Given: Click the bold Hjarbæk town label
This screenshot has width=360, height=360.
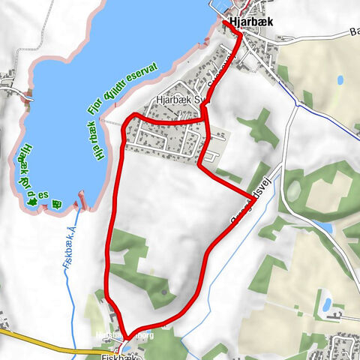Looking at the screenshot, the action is click(252, 22).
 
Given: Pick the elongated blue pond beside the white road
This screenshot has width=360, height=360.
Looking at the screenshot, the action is click(322, 225).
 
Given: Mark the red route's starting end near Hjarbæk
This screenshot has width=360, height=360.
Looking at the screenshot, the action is click(224, 23).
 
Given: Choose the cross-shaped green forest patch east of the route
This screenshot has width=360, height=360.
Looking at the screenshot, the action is click(259, 127).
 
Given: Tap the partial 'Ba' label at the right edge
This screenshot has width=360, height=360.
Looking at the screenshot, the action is click(353, 32).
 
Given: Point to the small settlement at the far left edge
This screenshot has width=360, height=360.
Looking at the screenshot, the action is click(9, 82).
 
